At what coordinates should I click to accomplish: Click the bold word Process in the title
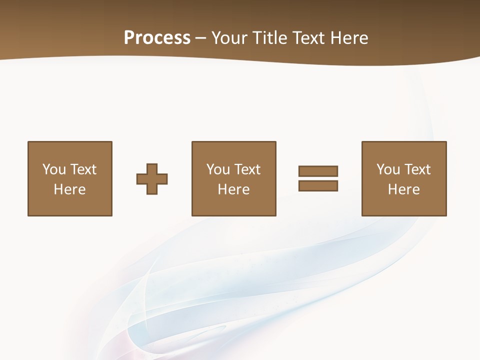point(157,38)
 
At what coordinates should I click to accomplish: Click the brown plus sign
point(152,179)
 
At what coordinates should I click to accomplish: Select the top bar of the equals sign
point(318,171)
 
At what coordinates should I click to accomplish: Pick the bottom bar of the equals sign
point(318,185)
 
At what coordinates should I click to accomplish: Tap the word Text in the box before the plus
point(82,169)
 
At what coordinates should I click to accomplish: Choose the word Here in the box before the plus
point(69,189)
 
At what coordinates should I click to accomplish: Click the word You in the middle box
point(218,169)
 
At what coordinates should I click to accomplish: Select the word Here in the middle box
point(233,189)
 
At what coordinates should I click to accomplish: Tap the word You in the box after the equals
point(388,169)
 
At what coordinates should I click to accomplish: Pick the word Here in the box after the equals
point(403,189)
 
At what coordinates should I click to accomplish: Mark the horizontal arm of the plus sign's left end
point(140,179)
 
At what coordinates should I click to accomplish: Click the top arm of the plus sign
point(152,168)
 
